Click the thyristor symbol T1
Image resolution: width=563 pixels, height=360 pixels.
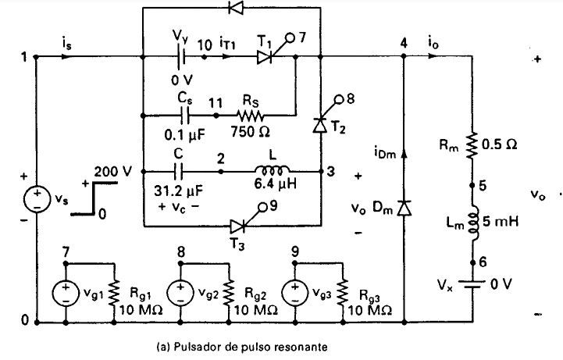point(265,57)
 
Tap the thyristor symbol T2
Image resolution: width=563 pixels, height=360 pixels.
point(319,124)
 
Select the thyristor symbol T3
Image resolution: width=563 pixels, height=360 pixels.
point(237,226)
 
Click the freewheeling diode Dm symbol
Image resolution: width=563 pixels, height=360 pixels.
point(404,209)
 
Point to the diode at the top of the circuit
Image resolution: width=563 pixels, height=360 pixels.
point(236,8)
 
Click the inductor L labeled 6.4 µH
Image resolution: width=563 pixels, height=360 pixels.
point(272,169)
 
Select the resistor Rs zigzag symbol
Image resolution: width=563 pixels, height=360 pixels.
point(250,116)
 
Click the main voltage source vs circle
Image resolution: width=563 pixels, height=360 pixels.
point(37,199)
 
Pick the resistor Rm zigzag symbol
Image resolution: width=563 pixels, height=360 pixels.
point(472,145)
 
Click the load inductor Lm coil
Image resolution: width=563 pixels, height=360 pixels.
point(473,223)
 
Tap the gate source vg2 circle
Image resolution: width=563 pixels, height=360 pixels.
point(180,293)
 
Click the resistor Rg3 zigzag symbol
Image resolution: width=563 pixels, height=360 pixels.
point(343,293)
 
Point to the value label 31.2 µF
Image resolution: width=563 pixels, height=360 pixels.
point(179,191)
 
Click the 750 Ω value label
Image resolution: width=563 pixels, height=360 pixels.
point(250,132)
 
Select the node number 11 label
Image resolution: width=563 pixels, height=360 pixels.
point(216,103)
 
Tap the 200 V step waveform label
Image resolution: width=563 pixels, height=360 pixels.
point(112,172)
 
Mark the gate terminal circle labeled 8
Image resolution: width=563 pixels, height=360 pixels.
point(338,99)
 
